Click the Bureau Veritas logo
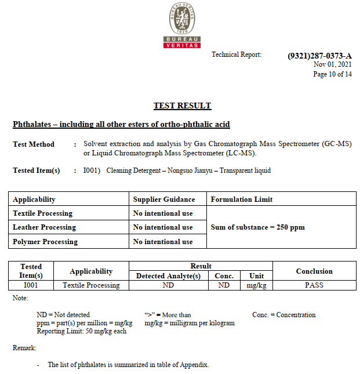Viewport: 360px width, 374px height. [x=182, y=25]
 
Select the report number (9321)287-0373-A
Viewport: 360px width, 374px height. [x=319, y=56]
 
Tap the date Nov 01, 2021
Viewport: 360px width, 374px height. [x=332, y=64]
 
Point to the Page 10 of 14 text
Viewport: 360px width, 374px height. [x=332, y=74]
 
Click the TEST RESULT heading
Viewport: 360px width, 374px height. [x=182, y=106]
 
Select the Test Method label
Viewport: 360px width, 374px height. [x=34, y=144]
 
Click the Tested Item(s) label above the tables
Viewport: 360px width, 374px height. [x=36, y=170]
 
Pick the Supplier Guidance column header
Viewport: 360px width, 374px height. [x=164, y=199]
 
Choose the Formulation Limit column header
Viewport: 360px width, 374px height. [x=241, y=199]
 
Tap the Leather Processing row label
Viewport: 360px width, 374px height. [x=44, y=227]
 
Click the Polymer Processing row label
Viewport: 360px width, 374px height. [x=45, y=241]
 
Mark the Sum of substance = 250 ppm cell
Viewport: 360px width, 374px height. [x=257, y=227]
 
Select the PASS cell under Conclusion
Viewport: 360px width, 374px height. [x=314, y=285]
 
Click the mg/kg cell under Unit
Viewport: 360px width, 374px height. [x=256, y=285]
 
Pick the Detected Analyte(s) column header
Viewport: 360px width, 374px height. [x=168, y=276]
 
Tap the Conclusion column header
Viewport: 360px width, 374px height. [x=314, y=271]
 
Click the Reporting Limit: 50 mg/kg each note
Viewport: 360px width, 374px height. [x=81, y=331]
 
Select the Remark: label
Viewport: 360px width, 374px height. [x=24, y=348]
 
